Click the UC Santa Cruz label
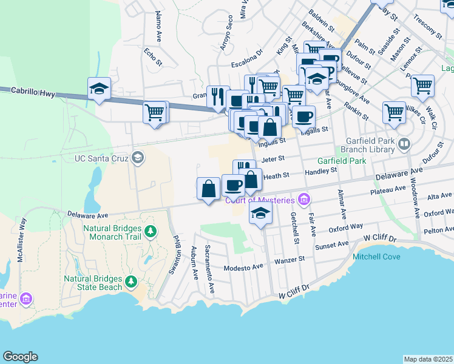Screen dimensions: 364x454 [x=101, y=158]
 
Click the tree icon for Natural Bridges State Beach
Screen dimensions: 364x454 [x=130, y=280]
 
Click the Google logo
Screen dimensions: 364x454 [x=20, y=357]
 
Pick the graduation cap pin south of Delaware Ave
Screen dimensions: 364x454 [x=260, y=213]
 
